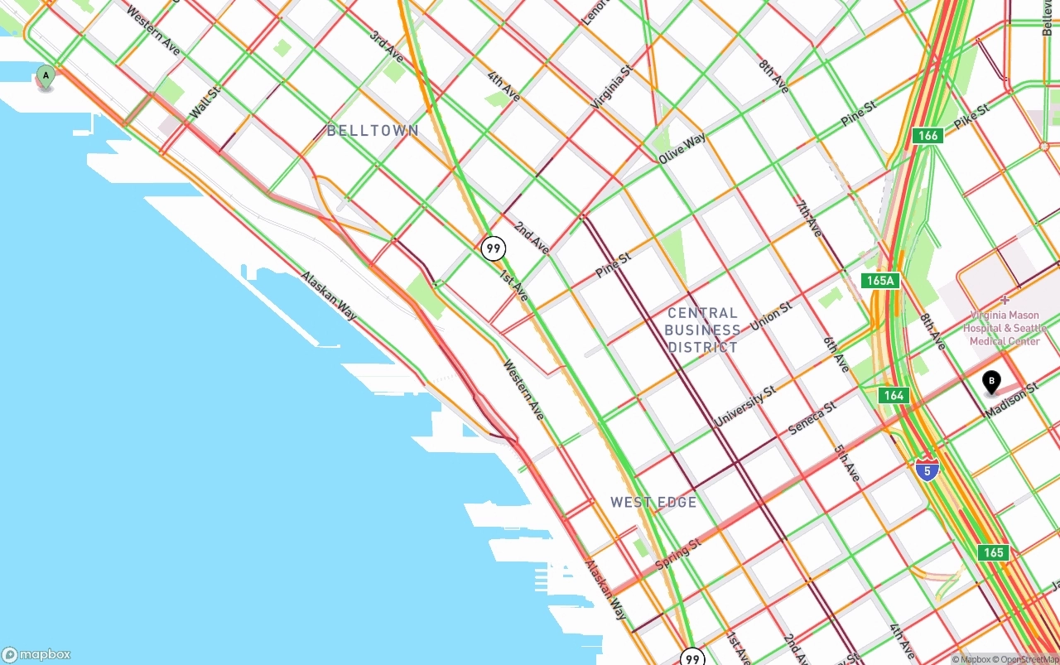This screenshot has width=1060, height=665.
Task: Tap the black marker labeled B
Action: (x=990, y=383)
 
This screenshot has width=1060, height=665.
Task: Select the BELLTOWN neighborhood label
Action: (x=373, y=131)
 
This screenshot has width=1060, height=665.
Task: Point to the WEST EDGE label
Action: (x=653, y=502)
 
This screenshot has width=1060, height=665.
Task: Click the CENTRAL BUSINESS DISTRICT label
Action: (x=702, y=330)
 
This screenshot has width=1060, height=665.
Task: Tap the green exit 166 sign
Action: (x=928, y=136)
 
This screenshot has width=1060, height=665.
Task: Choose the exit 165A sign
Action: (x=879, y=281)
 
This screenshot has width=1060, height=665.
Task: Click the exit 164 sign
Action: (x=894, y=396)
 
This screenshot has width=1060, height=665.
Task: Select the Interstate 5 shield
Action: (x=927, y=470)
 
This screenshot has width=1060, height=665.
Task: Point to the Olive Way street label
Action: (x=682, y=148)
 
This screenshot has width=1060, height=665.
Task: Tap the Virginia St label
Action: (x=611, y=88)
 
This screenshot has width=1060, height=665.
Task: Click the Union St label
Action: (x=771, y=316)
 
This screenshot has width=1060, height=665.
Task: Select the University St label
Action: (x=745, y=406)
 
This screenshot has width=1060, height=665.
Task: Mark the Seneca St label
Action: (x=812, y=418)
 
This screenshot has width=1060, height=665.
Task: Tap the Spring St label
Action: (x=678, y=553)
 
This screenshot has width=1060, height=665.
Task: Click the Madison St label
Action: (x=1011, y=399)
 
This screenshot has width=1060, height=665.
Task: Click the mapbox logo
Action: (x=36, y=654)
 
